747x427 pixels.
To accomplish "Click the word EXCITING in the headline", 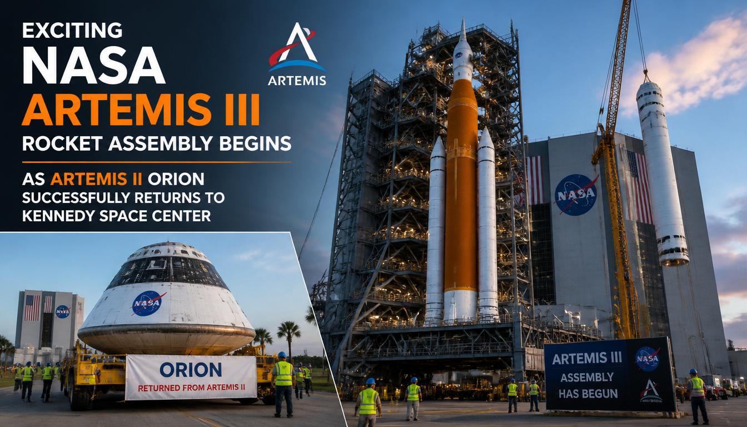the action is pyautogui.click(x=72, y=31).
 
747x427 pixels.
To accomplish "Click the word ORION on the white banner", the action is pyautogui.click(x=191, y=370).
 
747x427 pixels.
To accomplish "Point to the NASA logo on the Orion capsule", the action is pyautogui.click(x=149, y=303).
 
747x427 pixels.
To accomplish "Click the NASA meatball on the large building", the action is pyautogui.click(x=576, y=195).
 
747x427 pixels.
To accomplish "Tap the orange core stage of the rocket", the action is pyautogui.click(x=461, y=187).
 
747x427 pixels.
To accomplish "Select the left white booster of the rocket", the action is pyautogui.click(x=436, y=230).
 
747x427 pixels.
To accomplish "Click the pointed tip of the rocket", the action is pyautogui.click(x=463, y=19).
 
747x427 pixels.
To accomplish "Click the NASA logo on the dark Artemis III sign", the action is pyautogui.click(x=647, y=359).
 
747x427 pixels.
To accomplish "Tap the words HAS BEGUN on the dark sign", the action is pyautogui.click(x=588, y=394).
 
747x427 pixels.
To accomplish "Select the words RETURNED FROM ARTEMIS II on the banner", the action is pyautogui.click(x=191, y=388).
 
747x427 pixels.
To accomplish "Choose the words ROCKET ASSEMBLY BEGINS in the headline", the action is pyautogui.click(x=157, y=143).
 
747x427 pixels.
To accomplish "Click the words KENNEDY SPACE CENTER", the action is pyautogui.click(x=116, y=216).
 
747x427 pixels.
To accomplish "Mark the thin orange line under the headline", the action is pyautogui.click(x=156, y=162).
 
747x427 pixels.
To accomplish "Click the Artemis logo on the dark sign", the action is pyautogui.click(x=651, y=391).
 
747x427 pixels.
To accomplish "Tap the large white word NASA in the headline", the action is pyautogui.click(x=93, y=66).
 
